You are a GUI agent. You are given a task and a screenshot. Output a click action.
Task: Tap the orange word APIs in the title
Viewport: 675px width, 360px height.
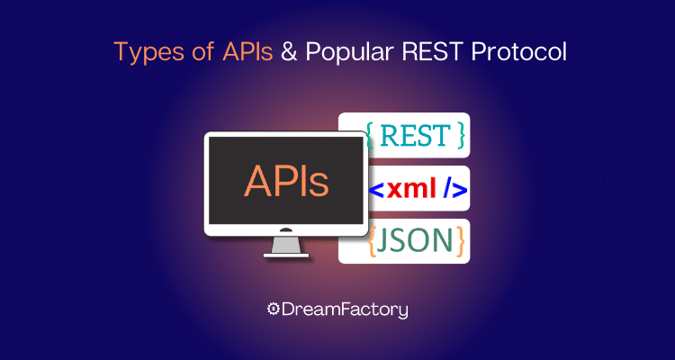tap(247, 51)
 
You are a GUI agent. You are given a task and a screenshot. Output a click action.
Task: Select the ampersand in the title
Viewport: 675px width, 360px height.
tap(289, 52)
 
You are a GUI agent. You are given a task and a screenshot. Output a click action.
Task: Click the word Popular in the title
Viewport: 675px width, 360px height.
tap(347, 52)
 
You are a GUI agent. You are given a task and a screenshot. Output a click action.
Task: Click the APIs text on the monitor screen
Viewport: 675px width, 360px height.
tap(286, 181)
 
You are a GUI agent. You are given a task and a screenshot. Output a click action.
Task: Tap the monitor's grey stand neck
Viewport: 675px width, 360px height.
tap(286, 245)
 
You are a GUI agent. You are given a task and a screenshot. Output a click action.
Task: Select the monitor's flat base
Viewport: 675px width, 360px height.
tap(286, 256)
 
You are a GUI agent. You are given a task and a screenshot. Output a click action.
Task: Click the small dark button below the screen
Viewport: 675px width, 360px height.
tap(286, 230)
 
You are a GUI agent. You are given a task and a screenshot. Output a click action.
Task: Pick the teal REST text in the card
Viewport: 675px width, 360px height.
tap(416, 135)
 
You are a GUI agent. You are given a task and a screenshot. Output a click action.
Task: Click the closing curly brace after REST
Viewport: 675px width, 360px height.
tap(462, 135)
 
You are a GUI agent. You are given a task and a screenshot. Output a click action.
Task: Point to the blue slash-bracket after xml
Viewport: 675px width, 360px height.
tap(454, 190)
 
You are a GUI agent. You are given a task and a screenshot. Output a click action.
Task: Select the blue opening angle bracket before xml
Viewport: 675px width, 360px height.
tap(377, 190)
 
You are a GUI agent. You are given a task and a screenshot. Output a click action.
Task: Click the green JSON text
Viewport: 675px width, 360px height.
tap(416, 241)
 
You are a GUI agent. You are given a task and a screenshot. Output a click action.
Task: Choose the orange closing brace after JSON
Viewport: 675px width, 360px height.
tap(460, 241)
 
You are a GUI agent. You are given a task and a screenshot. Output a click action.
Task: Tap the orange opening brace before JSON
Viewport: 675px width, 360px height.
tap(373, 241)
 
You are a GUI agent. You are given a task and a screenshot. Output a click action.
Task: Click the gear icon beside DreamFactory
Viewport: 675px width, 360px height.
tap(273, 310)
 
